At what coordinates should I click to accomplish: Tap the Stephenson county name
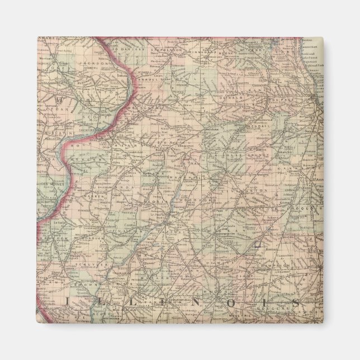pyautogui.click(x=164, y=50)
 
